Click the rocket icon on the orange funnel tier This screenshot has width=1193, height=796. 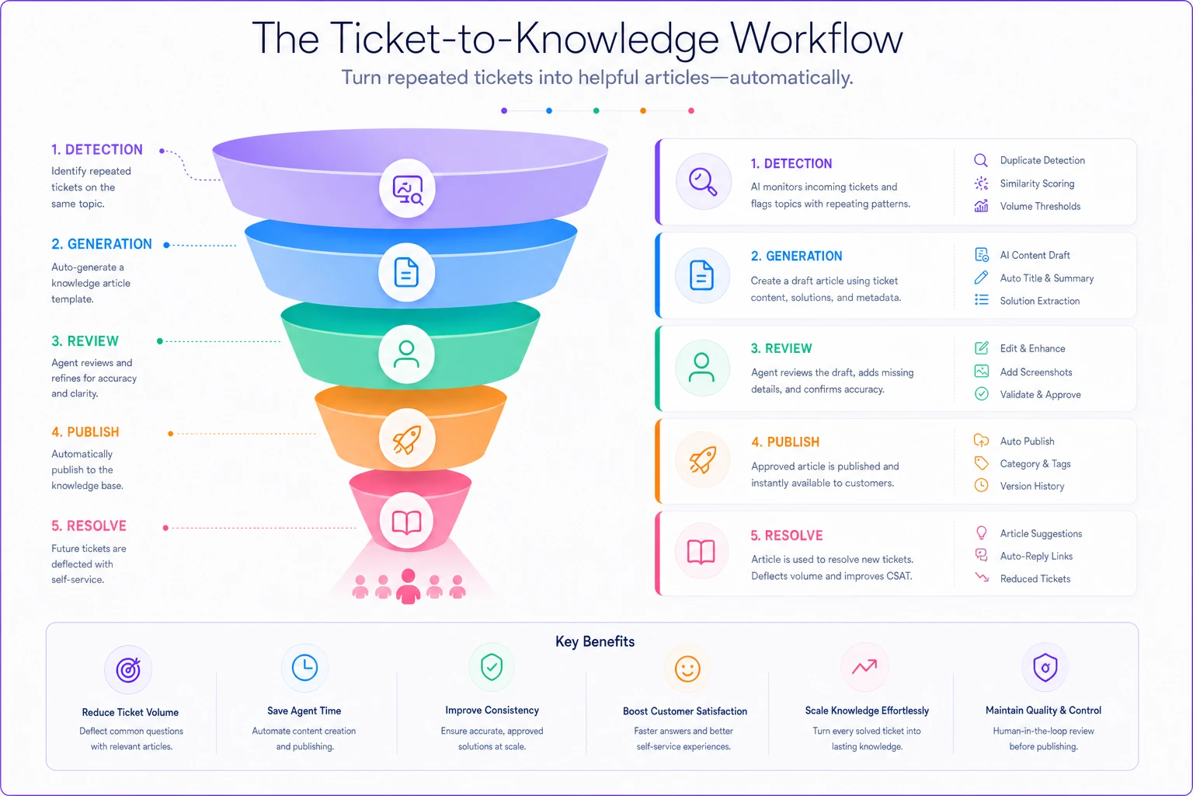(x=407, y=438)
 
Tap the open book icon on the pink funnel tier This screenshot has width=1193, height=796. (x=406, y=522)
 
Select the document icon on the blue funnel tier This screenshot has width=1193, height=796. (x=406, y=272)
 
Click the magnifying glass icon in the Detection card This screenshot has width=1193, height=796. (x=703, y=182)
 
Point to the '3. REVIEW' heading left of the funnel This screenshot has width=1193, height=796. (x=85, y=341)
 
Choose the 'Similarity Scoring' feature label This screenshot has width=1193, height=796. (x=1037, y=183)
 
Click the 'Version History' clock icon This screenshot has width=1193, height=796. (x=981, y=485)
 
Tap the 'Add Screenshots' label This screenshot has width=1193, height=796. (x=1036, y=372)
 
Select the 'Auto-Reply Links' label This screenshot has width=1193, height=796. (x=1036, y=556)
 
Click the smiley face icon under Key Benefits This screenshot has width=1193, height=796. (x=687, y=669)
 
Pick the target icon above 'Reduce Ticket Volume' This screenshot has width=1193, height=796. (x=128, y=669)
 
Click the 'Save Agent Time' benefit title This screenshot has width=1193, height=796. (x=304, y=710)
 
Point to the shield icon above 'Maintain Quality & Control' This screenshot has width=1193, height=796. (x=1045, y=668)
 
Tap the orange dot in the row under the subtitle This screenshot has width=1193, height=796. (x=643, y=111)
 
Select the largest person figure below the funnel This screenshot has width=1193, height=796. (x=409, y=586)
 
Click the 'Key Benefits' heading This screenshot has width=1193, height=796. (x=595, y=641)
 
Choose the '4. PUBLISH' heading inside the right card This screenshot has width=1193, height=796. (x=785, y=442)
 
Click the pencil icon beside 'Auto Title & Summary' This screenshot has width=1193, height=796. (x=981, y=278)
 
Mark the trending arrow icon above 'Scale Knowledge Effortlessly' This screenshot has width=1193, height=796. (x=864, y=666)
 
